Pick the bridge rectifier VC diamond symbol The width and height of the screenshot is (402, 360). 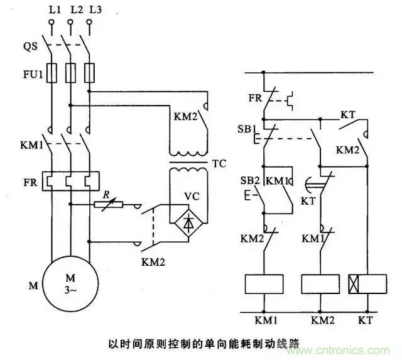pyautogui.click(x=190, y=221)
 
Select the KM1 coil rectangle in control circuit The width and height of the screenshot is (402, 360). pyautogui.click(x=264, y=285)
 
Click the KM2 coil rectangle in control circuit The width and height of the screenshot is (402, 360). pyautogui.click(x=320, y=285)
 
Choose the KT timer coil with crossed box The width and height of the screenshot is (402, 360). pyautogui.click(x=365, y=285)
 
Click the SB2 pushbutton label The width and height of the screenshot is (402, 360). pyautogui.click(x=249, y=181)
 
